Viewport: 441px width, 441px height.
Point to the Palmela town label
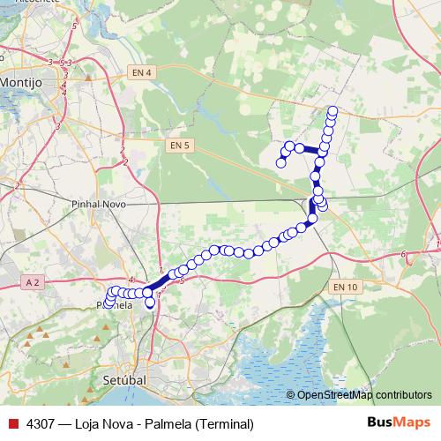pyautogui.click(x=114, y=305)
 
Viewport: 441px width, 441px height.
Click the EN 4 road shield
pyautogui.click(x=139, y=71)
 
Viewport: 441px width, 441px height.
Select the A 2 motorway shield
pyautogui.click(x=33, y=281)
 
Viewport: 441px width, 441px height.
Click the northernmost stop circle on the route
pyautogui.click(x=333, y=110)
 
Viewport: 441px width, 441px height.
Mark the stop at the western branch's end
pyautogui.click(x=280, y=163)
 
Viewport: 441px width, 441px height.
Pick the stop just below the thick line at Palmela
pyautogui.click(x=150, y=303)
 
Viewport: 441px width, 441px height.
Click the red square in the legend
pyautogui.click(x=13, y=423)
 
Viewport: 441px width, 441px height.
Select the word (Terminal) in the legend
pyautogui.click(x=225, y=423)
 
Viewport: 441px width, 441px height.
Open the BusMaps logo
pyautogui.click(x=398, y=423)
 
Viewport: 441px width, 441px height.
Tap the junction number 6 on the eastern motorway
pyautogui.click(x=403, y=255)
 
